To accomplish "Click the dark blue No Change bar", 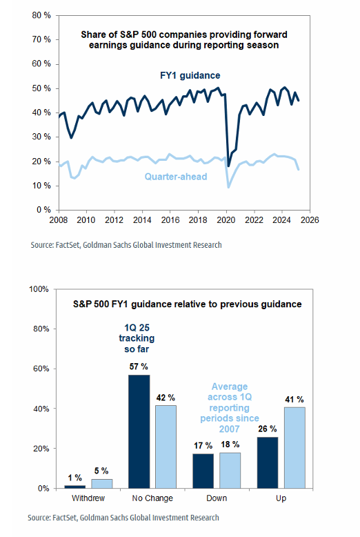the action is point(139,431).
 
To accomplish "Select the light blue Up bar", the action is point(294,447).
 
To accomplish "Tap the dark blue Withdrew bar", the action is point(74,487).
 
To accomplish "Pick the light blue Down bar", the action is point(230,471).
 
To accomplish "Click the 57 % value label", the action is point(139,367).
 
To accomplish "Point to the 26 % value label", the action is point(268,429).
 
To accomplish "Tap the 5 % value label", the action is point(101,471).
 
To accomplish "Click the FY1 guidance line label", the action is point(190,75).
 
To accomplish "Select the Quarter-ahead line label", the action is point(176,177).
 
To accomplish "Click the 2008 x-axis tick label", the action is point(59,220).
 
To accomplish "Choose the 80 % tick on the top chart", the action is point(41,15).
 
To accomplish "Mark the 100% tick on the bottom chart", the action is point(39,289).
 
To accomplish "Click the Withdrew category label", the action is point(88,498).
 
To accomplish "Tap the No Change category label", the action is point(152,498).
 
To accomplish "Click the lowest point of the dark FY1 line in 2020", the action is point(228,166).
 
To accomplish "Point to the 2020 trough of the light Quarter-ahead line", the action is point(228,187).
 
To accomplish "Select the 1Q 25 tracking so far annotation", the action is point(137,338).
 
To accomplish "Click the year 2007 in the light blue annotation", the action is point(229,429).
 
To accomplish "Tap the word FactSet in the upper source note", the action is point(68,245).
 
